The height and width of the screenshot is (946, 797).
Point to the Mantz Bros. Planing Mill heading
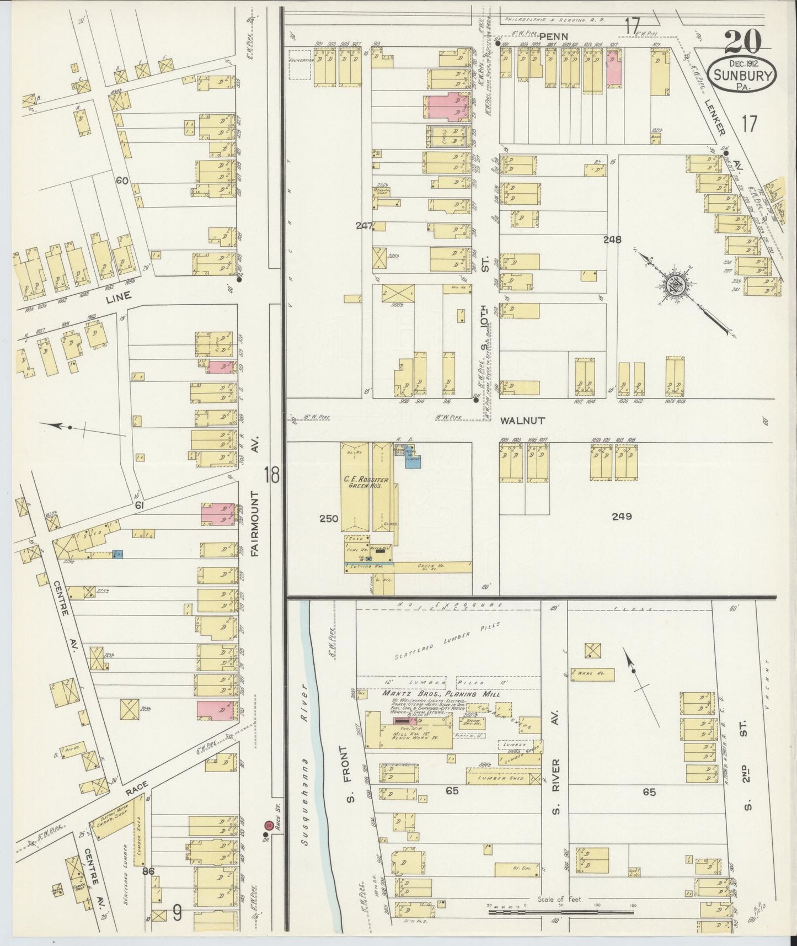441,693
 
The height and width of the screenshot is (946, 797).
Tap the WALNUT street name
522,421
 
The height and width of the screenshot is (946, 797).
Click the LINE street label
118,296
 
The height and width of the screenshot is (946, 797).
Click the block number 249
621,517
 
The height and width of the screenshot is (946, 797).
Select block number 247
365,225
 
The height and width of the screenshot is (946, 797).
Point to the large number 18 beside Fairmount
272,475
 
